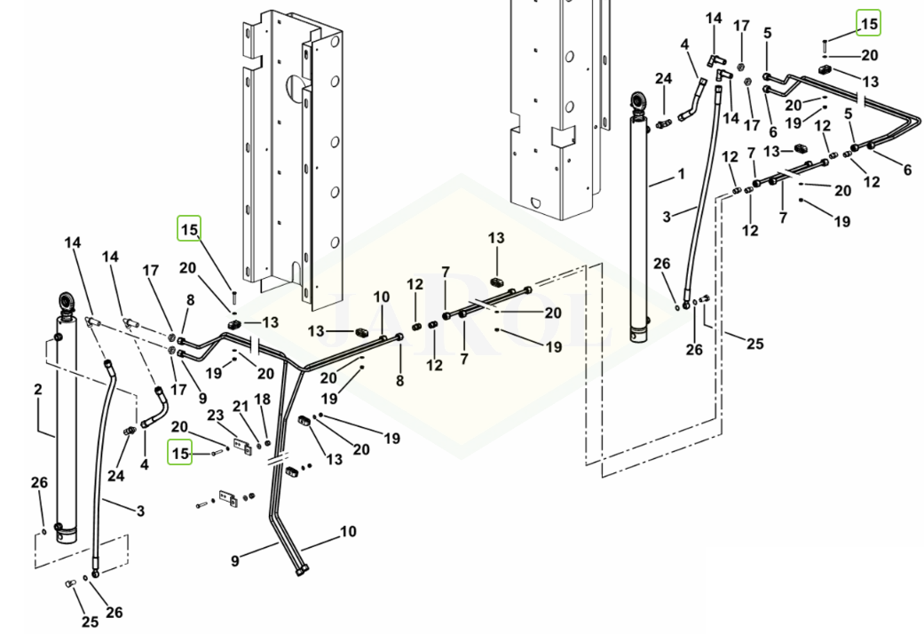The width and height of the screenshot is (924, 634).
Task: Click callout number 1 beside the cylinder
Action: click(681, 175)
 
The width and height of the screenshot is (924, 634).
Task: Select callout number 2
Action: click(37, 389)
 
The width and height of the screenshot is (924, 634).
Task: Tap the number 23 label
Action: click(216, 416)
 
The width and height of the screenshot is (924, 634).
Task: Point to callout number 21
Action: click(241, 407)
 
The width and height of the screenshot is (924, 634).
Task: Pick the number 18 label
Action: click(262, 400)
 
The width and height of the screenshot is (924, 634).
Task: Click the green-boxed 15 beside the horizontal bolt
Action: click(179, 453)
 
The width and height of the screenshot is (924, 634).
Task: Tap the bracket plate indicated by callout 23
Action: click(243, 447)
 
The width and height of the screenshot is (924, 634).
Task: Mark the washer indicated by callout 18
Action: click(268, 443)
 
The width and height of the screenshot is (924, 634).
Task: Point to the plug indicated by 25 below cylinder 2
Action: click(69, 583)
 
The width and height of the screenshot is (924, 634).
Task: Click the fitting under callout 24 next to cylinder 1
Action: click(663, 123)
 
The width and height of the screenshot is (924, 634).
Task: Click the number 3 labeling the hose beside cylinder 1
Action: click(667, 217)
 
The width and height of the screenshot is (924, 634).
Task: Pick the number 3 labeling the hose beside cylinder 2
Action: click(140, 511)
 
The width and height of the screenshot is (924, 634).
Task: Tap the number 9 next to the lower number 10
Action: click(235, 560)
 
